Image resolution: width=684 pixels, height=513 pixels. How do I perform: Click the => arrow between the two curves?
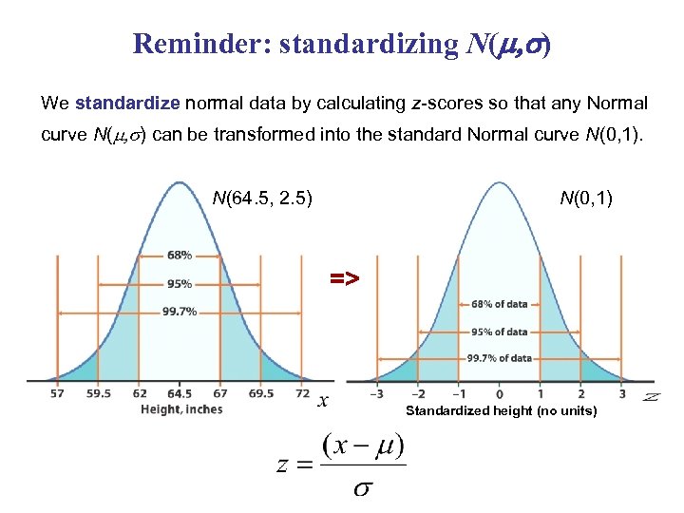344,278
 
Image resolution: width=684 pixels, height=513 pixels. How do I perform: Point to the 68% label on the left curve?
180,255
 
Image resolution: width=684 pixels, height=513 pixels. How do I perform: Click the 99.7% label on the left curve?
180,311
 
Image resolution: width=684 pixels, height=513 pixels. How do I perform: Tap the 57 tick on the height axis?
57,393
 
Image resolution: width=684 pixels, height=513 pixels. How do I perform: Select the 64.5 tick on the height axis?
180,393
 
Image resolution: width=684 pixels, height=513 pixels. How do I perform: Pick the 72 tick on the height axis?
302,393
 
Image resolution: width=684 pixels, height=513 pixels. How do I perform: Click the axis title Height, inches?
181,409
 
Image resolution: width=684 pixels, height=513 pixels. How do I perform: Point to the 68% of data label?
499,304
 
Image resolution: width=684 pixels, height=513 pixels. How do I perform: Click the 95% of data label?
499,332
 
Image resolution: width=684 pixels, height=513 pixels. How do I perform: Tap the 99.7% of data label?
499,358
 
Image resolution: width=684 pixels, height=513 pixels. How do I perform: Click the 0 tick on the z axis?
500,393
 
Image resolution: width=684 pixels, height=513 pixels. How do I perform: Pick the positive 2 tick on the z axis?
580,393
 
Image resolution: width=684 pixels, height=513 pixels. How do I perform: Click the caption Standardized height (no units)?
501,411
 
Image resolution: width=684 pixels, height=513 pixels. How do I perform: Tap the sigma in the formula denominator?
362,489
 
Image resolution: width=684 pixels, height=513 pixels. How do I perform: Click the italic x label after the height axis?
323,401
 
